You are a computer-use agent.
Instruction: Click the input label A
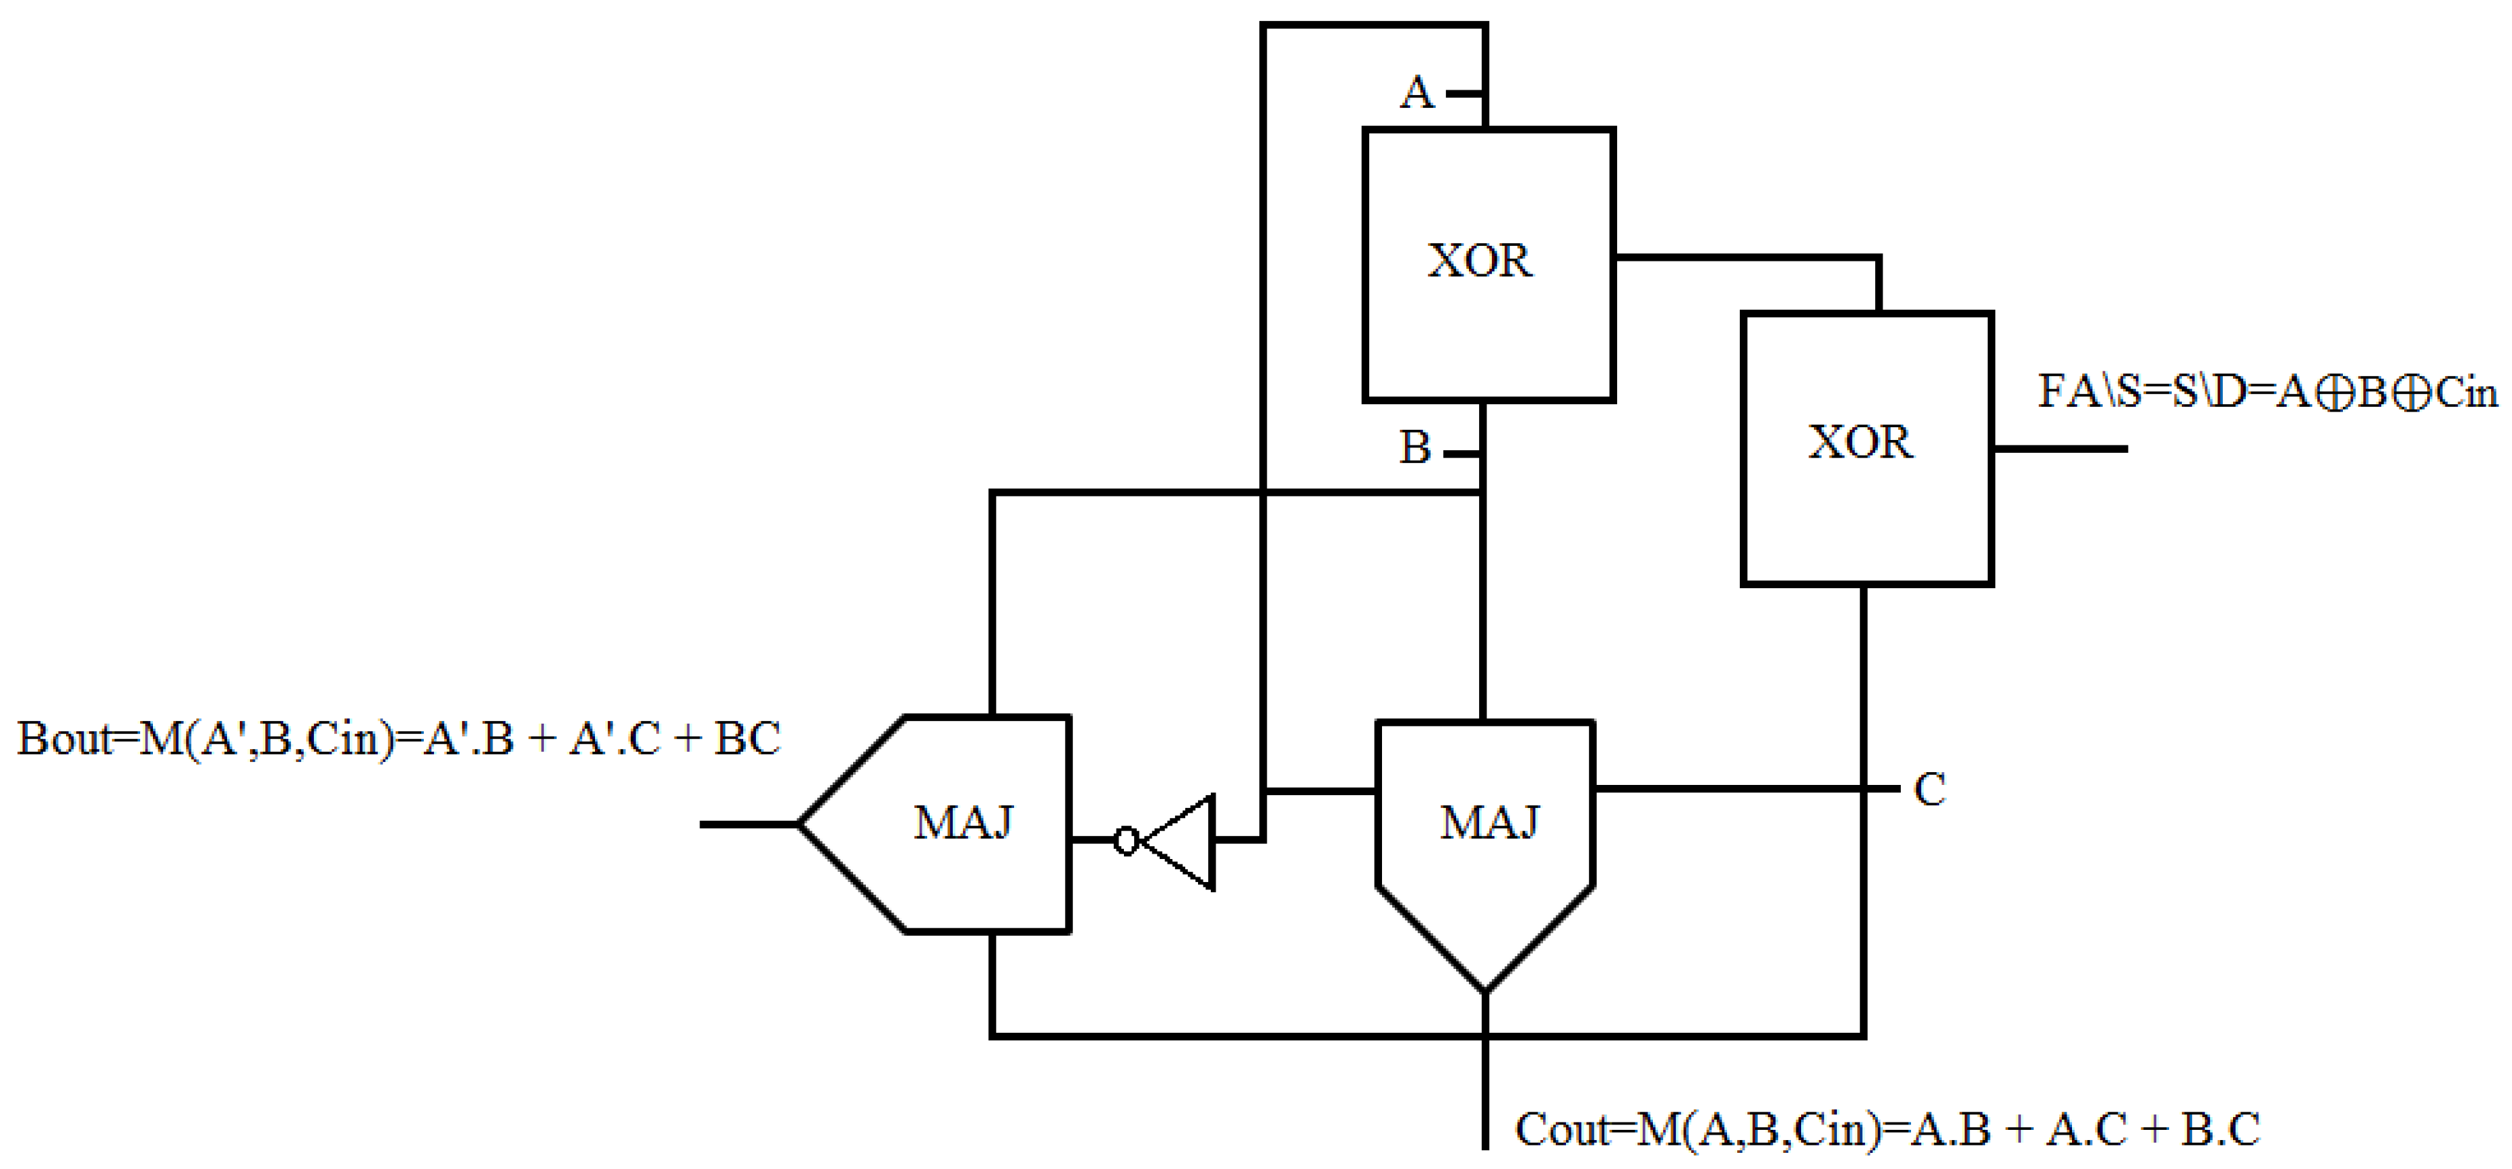[x=1417, y=94]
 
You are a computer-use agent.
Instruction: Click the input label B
[x=1415, y=449]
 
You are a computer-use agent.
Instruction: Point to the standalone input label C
[x=1930, y=790]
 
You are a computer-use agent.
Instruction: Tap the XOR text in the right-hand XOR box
[x=1860, y=443]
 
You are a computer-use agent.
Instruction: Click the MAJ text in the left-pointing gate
[x=964, y=823]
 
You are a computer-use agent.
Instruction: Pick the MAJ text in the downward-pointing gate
[x=1489, y=823]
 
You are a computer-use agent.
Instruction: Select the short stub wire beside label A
[x=1464, y=94]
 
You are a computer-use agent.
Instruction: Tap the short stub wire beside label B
[x=1462, y=454]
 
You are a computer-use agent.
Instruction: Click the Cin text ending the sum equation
[x=2466, y=392]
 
